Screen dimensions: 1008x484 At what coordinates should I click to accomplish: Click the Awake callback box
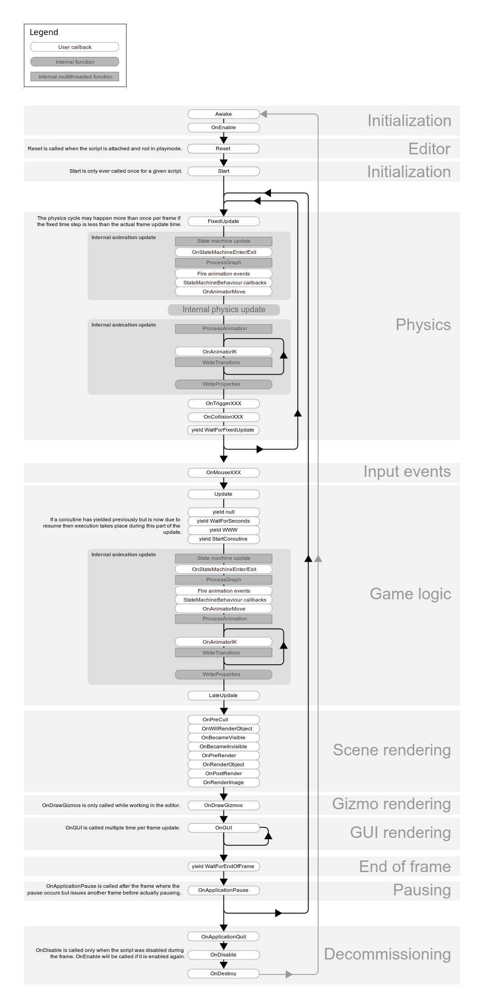point(223,114)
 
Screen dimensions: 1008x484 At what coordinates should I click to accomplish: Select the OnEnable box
point(223,127)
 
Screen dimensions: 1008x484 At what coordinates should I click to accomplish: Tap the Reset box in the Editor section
point(223,148)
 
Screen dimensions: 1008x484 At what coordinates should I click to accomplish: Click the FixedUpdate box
point(223,221)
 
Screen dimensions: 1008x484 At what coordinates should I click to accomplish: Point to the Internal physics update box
point(224,310)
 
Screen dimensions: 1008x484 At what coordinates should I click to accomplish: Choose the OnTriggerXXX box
point(223,403)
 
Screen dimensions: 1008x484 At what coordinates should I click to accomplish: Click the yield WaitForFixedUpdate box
point(223,430)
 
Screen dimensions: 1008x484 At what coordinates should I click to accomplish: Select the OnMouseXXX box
point(223,472)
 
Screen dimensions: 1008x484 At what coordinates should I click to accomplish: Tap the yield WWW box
point(223,530)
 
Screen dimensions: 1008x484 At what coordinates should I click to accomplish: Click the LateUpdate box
point(223,695)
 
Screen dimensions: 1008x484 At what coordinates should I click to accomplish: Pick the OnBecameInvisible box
point(223,746)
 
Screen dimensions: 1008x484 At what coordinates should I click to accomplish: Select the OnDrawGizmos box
point(223,805)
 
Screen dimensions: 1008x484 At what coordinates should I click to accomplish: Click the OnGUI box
point(223,828)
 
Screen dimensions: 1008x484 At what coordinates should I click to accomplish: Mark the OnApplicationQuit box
point(223,937)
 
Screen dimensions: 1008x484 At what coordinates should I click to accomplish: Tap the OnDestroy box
point(223,973)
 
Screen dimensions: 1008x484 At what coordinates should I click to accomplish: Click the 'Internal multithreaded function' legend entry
point(75,77)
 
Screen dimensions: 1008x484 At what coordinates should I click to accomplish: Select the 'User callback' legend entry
point(75,47)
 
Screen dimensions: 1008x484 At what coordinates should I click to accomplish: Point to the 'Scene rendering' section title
point(392,750)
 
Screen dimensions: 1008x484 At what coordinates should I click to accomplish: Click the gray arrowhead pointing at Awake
point(264,114)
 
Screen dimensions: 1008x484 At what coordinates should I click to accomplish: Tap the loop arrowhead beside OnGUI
point(268,835)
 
